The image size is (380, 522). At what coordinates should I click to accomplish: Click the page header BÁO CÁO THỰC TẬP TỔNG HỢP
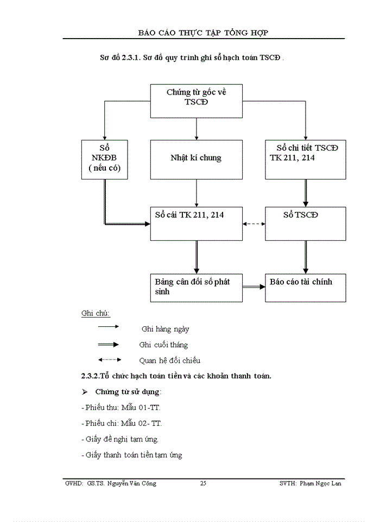pos(204,33)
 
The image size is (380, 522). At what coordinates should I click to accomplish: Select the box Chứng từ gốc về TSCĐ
pos(196,101)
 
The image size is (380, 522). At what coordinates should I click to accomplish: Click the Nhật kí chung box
pos(196,159)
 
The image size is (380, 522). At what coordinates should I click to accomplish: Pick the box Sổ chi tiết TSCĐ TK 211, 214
pos(306,159)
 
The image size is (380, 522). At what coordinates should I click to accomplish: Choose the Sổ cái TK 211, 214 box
pos(196,223)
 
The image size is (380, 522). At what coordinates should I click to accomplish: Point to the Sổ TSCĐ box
pos(306,223)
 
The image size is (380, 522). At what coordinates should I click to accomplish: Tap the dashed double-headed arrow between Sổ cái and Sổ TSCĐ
pos(254,223)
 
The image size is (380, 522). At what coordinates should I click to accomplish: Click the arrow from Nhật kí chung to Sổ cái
pos(196,193)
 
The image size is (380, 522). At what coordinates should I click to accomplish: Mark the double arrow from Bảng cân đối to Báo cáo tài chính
pos(254,287)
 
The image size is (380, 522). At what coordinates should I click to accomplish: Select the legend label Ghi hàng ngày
pos(165,329)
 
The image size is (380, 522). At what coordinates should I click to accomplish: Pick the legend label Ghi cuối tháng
pos(163,345)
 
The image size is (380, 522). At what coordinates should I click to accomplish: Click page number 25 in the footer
pos(203,483)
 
